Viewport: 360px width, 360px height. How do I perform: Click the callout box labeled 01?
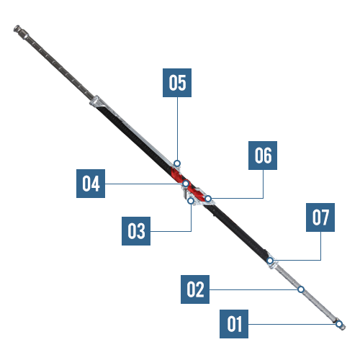click(234, 324)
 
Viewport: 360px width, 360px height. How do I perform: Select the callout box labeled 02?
click(195, 289)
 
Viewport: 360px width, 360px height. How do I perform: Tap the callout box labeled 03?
click(136, 231)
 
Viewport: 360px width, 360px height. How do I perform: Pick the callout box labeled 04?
click(91, 184)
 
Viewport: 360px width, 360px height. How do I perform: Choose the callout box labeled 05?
click(177, 83)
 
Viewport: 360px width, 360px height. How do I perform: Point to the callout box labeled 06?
click(263, 156)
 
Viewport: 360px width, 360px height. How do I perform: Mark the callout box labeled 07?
click(320, 217)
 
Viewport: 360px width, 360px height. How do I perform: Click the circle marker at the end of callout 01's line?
click(339, 324)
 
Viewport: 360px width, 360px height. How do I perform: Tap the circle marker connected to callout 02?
click(301, 289)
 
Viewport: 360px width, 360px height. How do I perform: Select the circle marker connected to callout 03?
click(191, 200)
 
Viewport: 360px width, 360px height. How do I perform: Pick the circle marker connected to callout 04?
click(186, 184)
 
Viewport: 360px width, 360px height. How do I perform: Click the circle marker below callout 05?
click(177, 163)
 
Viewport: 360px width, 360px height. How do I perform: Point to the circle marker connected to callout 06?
click(208, 199)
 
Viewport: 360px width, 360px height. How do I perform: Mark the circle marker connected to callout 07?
click(270, 261)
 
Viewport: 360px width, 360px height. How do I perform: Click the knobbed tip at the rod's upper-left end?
click(17, 29)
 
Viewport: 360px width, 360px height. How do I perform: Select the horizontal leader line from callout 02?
click(253, 289)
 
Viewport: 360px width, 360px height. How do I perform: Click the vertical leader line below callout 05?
click(177, 129)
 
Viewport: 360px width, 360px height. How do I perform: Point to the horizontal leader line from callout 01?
click(292, 324)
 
